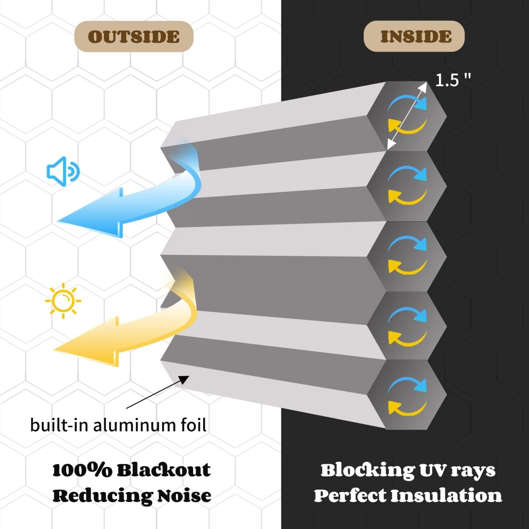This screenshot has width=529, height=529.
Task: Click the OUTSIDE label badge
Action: [134, 36]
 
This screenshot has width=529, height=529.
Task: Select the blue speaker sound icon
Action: [63, 171]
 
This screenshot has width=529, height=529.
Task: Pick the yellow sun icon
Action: [63, 300]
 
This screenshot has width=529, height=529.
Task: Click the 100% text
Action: [82, 470]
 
